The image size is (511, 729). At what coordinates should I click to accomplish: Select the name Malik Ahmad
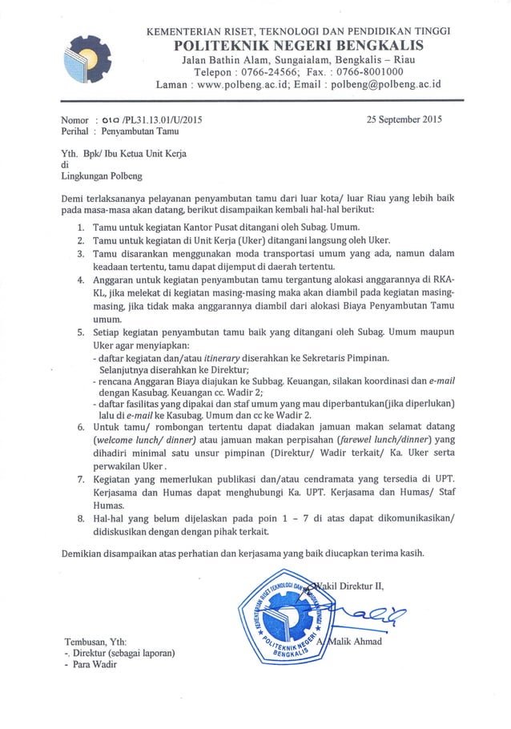(356, 642)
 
